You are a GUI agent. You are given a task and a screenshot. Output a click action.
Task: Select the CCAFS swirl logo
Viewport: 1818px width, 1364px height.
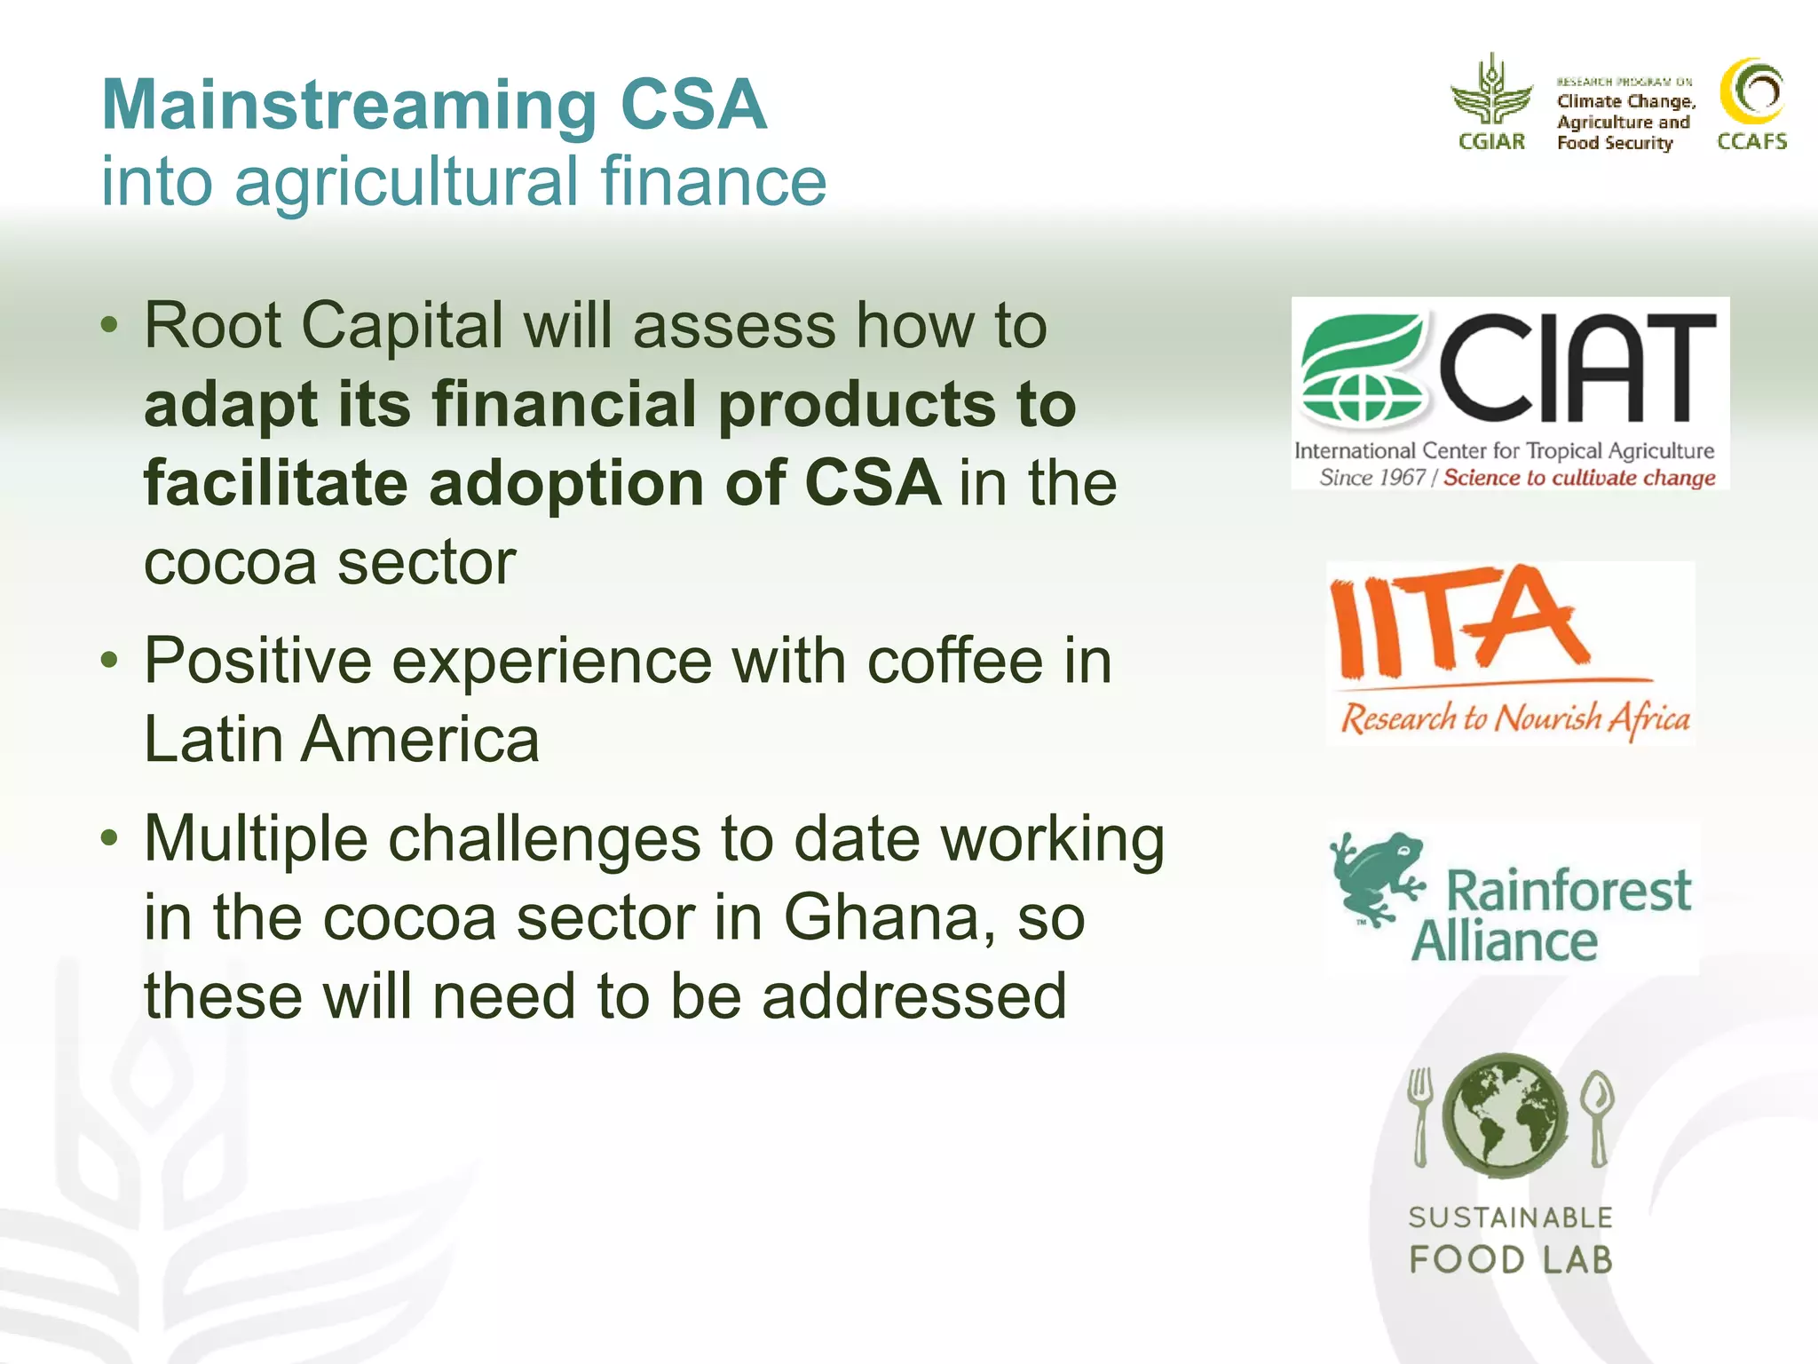(1752, 92)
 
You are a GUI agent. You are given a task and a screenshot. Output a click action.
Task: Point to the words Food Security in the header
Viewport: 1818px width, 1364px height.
(1614, 143)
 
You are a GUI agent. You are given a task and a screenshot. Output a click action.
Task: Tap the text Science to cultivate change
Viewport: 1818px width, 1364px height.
(1578, 478)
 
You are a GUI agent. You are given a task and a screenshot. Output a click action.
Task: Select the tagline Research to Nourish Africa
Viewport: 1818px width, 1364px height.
(1514, 718)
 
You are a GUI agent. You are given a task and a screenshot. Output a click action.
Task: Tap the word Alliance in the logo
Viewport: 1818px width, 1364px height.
(1505, 941)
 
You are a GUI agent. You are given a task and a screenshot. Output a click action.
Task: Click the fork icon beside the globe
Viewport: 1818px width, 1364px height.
(1420, 1114)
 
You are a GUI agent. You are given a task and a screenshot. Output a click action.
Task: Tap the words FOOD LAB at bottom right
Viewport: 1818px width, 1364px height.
(1510, 1259)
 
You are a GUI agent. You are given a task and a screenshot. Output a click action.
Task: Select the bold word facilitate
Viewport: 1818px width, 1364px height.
(275, 484)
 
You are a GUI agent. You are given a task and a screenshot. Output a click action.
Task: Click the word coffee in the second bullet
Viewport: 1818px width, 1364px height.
(954, 662)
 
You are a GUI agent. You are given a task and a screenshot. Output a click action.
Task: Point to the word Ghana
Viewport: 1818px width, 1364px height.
(889, 917)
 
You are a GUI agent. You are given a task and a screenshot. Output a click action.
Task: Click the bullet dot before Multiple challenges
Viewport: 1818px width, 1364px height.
(109, 837)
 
